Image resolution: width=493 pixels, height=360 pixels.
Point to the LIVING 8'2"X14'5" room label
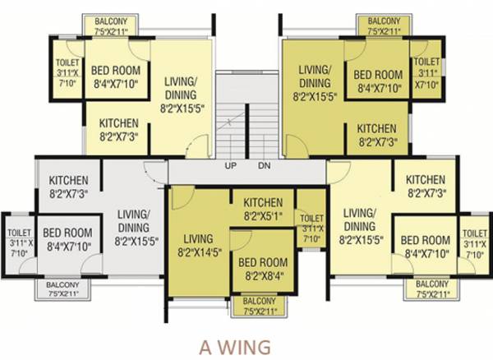[x=198, y=246]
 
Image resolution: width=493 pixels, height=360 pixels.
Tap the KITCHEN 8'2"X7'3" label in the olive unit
[x=376, y=135]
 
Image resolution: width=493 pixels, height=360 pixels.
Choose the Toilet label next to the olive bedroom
[x=426, y=72]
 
